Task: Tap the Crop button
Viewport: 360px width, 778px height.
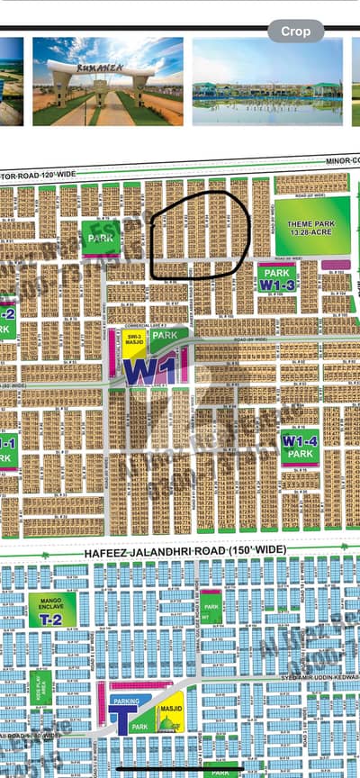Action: pyautogui.click(x=295, y=31)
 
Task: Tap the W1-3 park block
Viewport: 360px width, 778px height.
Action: pyautogui.click(x=278, y=278)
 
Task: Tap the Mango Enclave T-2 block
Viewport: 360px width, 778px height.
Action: pyautogui.click(x=52, y=610)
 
